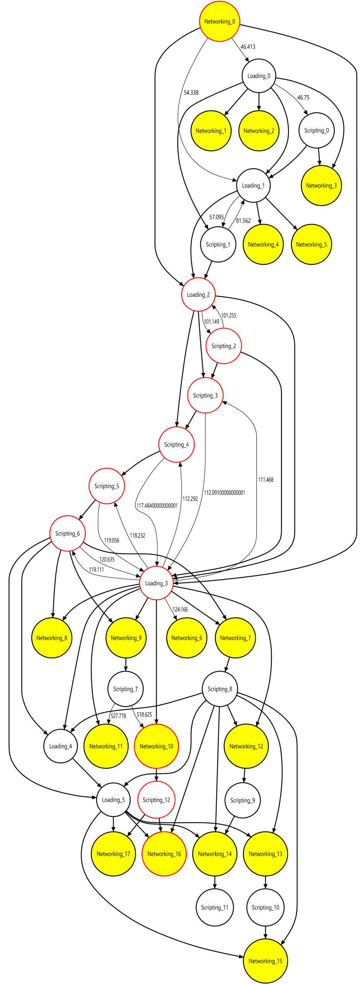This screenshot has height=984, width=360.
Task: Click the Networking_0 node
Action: point(219,21)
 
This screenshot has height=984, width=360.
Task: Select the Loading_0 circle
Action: point(259,76)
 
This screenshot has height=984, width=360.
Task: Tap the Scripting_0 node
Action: point(316,130)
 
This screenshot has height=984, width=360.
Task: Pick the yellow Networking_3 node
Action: point(321,186)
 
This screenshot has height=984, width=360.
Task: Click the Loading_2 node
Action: point(198,294)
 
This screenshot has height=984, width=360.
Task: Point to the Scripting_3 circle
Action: point(205,395)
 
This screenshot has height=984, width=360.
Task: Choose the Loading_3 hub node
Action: point(156,583)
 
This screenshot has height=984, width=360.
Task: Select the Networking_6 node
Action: point(186,638)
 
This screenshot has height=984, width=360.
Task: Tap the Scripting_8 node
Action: point(220,689)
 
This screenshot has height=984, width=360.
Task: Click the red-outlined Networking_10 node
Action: point(156,746)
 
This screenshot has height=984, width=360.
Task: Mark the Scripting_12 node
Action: point(156,800)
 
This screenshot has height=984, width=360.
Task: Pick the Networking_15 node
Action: point(265,961)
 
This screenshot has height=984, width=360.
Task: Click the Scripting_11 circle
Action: point(215,907)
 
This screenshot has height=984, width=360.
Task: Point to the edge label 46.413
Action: point(248,47)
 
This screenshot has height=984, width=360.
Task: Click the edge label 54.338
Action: point(191,92)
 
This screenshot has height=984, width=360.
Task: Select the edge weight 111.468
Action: point(266,480)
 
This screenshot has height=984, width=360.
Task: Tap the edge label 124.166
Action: point(180,610)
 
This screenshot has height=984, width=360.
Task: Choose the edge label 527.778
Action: point(118,716)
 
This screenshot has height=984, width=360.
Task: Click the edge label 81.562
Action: point(243,221)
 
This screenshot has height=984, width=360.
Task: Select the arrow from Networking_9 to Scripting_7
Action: point(126,665)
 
